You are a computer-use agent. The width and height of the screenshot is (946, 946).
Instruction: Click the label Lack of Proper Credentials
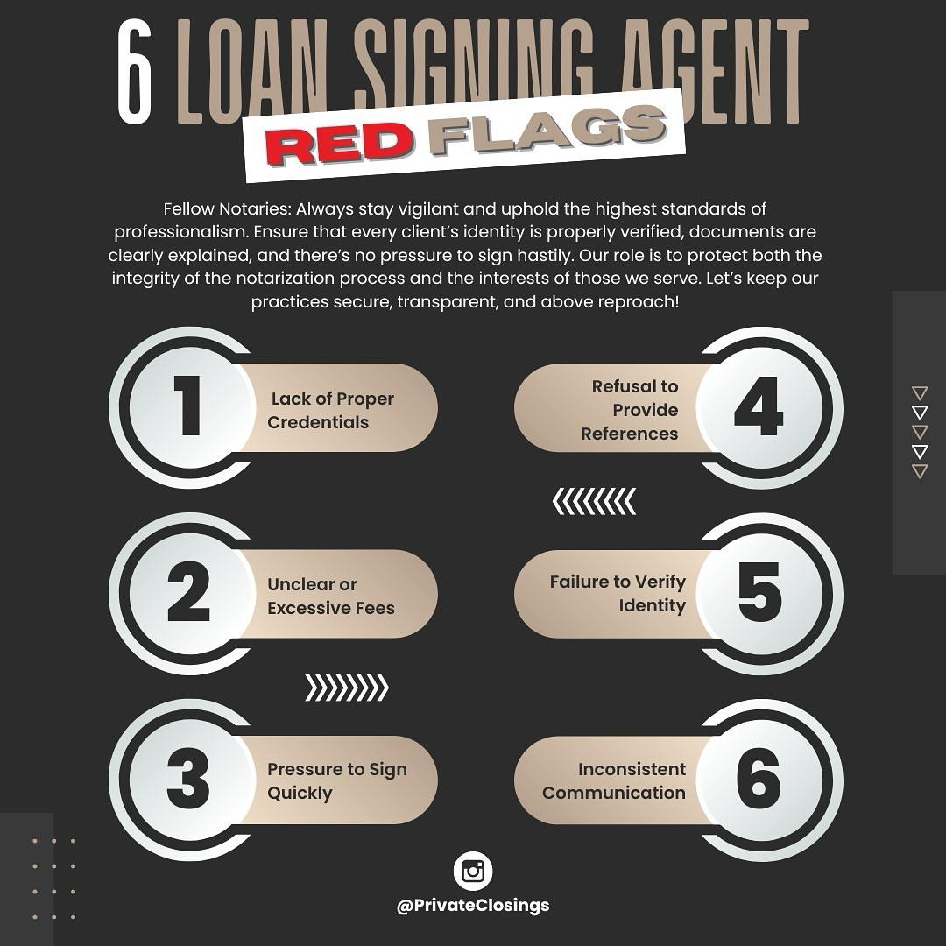331,410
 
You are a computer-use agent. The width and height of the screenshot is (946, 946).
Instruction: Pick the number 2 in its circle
187,594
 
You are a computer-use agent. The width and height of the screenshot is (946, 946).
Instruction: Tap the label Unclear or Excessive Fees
331,596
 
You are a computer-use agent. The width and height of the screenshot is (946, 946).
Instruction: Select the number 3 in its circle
187,780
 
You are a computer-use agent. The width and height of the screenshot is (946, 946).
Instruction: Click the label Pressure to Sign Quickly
337,780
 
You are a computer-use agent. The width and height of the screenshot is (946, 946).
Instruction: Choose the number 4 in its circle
758,408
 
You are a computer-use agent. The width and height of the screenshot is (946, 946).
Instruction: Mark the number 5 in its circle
759,594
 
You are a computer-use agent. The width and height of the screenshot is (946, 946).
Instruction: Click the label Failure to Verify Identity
618,594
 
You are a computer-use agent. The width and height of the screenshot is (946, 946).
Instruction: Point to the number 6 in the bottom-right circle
759,780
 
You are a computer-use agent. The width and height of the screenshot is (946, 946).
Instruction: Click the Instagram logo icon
473,872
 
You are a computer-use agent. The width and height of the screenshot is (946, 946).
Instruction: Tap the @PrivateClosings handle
473,906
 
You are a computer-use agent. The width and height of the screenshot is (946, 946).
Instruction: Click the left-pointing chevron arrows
594,502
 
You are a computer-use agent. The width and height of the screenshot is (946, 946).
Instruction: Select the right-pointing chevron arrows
347,688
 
